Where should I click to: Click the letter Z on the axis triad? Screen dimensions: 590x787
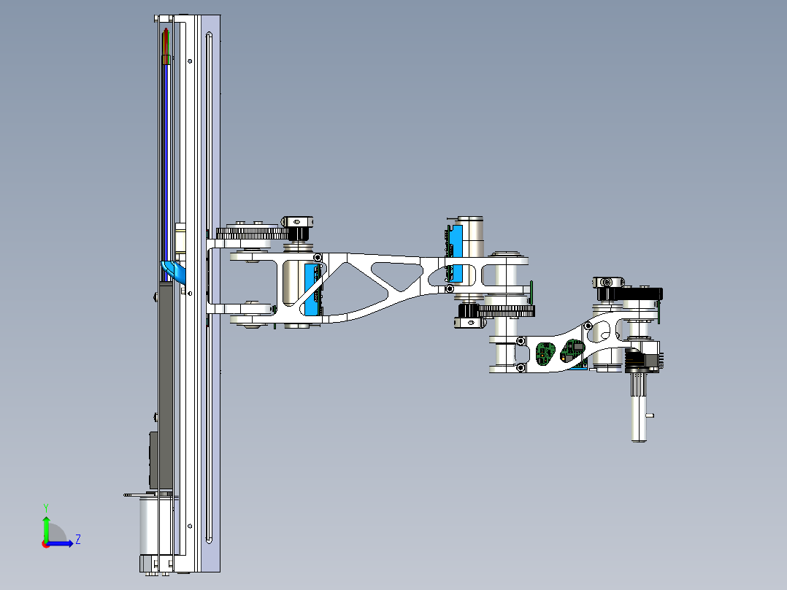pos(77,540)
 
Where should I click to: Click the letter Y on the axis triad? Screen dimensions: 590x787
pos(45,507)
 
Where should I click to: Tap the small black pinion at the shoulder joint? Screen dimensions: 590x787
pos(299,234)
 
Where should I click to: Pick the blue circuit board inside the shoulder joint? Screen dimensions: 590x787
pos(312,292)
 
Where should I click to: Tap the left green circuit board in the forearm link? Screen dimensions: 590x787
pos(544,352)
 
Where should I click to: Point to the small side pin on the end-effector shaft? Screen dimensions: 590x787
pos(651,416)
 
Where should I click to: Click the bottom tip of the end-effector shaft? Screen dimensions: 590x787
pos(639,438)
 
